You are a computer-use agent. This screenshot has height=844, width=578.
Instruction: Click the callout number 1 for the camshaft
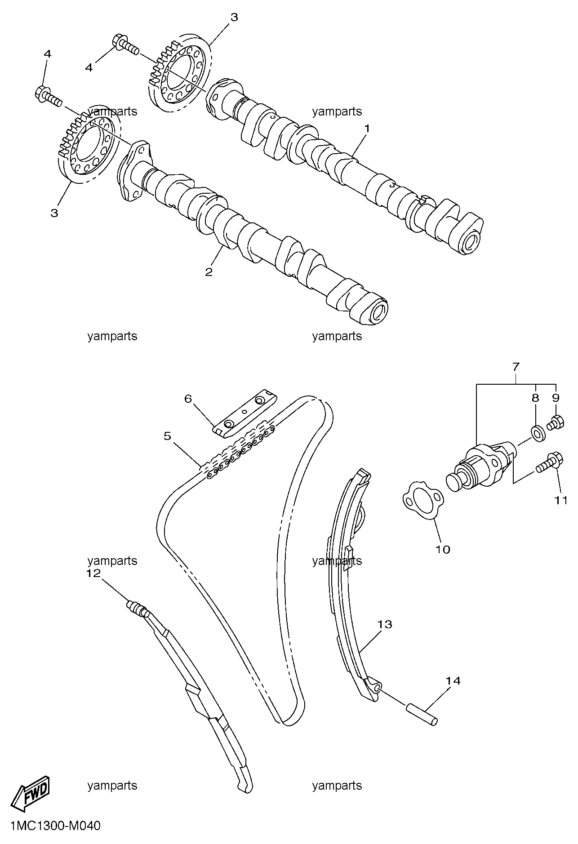[x=367, y=129]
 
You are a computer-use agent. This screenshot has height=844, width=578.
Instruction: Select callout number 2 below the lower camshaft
[x=209, y=272]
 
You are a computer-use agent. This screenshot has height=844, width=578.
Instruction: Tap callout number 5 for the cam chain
[x=167, y=436]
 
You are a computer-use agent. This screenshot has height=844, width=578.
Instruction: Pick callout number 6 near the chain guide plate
[x=188, y=399]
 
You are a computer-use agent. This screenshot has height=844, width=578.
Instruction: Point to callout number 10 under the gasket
[x=443, y=549]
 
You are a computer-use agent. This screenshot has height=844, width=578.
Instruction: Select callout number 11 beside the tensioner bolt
[x=560, y=500]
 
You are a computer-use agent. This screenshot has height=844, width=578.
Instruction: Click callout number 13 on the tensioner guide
[x=385, y=624]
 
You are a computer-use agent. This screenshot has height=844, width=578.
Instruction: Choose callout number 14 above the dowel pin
[x=454, y=681]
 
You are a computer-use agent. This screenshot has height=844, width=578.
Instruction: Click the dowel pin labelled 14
[x=422, y=715]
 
